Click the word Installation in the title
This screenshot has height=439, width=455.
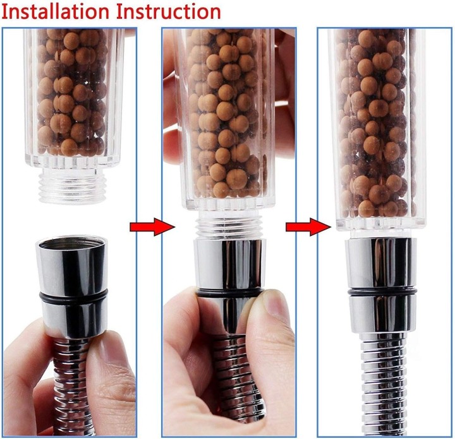click(56, 12)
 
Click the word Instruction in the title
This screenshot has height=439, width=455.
click(169, 12)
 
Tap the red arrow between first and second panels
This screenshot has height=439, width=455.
click(152, 226)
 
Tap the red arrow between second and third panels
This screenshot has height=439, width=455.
click(308, 226)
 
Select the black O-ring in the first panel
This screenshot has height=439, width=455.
click(73, 297)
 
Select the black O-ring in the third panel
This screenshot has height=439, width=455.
click(382, 293)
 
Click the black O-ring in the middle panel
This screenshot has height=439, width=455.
click(229, 293)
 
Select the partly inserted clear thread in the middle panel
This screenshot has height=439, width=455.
click(229, 226)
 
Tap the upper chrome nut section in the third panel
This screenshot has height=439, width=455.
click(380, 264)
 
